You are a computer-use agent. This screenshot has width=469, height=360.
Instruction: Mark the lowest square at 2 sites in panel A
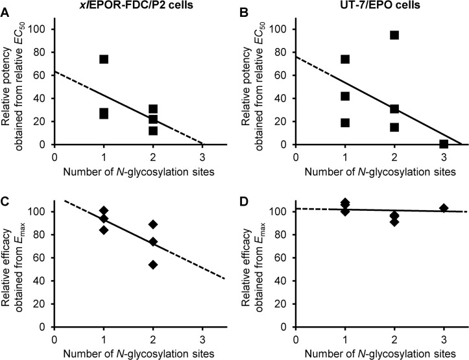click(153, 130)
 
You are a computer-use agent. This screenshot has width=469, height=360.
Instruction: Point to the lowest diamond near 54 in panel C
click(153, 265)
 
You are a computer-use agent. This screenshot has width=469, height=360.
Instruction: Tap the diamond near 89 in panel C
click(153, 224)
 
